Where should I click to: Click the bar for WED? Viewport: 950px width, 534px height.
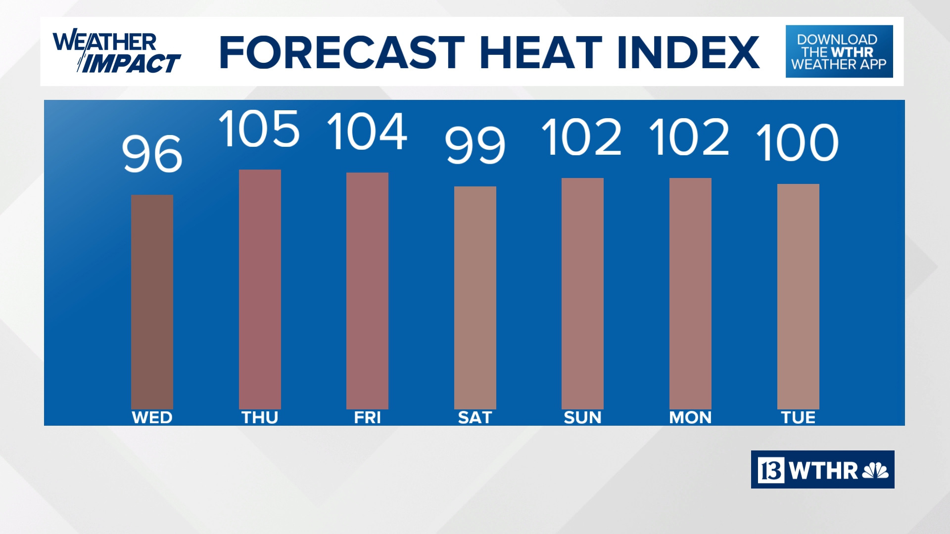152,302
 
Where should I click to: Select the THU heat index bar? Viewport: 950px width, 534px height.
260,289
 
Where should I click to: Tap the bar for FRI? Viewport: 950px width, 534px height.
367,291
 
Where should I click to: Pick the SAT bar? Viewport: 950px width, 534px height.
475,298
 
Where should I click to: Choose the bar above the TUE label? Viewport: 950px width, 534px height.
798,296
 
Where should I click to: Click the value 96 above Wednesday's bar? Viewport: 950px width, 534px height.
152,154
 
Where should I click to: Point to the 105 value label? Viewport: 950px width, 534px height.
259,129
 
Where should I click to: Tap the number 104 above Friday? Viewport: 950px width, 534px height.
367,132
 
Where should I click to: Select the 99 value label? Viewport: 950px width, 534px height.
475,145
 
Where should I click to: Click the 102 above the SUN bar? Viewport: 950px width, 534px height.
582,137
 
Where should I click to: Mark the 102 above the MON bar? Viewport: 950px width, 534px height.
689,137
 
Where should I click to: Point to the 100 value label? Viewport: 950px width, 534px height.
798,143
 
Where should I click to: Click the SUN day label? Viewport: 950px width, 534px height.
582,418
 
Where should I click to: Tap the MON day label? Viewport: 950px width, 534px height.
690,418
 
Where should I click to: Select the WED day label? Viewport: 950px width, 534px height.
152,418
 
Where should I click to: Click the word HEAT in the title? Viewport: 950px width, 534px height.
541,52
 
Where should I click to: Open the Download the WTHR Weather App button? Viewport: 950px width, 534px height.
839,51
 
